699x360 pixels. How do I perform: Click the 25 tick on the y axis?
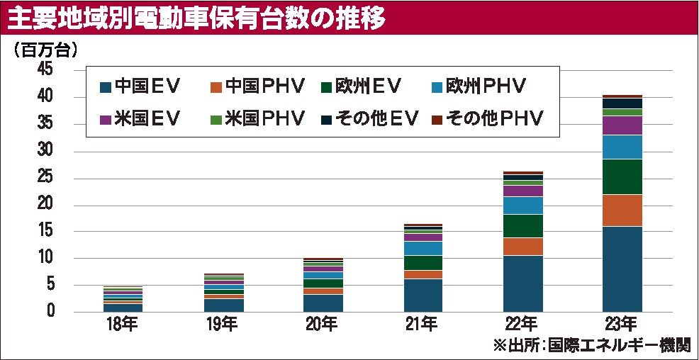point(44,178)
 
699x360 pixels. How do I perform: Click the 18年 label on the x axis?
point(123,326)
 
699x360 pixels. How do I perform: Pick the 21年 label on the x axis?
point(423,326)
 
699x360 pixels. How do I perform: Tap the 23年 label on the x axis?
point(622,326)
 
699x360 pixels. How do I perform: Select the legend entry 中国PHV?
point(257,86)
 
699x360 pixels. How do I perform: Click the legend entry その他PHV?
point(487,118)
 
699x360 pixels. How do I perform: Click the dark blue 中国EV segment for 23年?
point(622,269)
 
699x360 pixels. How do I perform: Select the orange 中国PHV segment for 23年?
point(622,210)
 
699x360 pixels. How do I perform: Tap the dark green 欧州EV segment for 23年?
point(622,176)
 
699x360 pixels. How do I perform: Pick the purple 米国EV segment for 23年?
point(622,125)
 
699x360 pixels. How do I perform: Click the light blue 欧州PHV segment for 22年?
point(522,206)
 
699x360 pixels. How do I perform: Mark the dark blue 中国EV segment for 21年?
point(423,296)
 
